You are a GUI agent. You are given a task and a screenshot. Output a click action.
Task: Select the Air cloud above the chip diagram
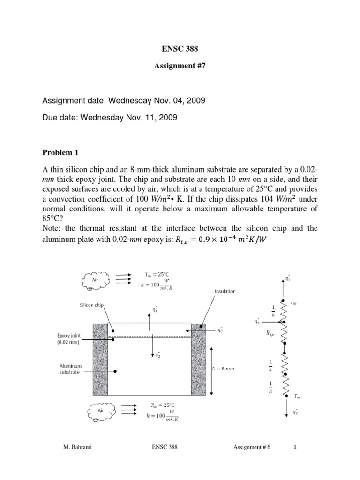96,281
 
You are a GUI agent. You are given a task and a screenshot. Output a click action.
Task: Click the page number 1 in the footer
295,448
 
